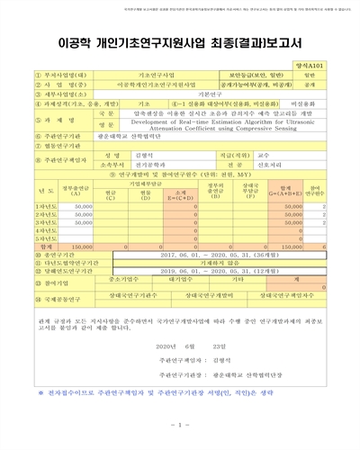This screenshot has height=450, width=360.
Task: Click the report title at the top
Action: coord(180,43)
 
